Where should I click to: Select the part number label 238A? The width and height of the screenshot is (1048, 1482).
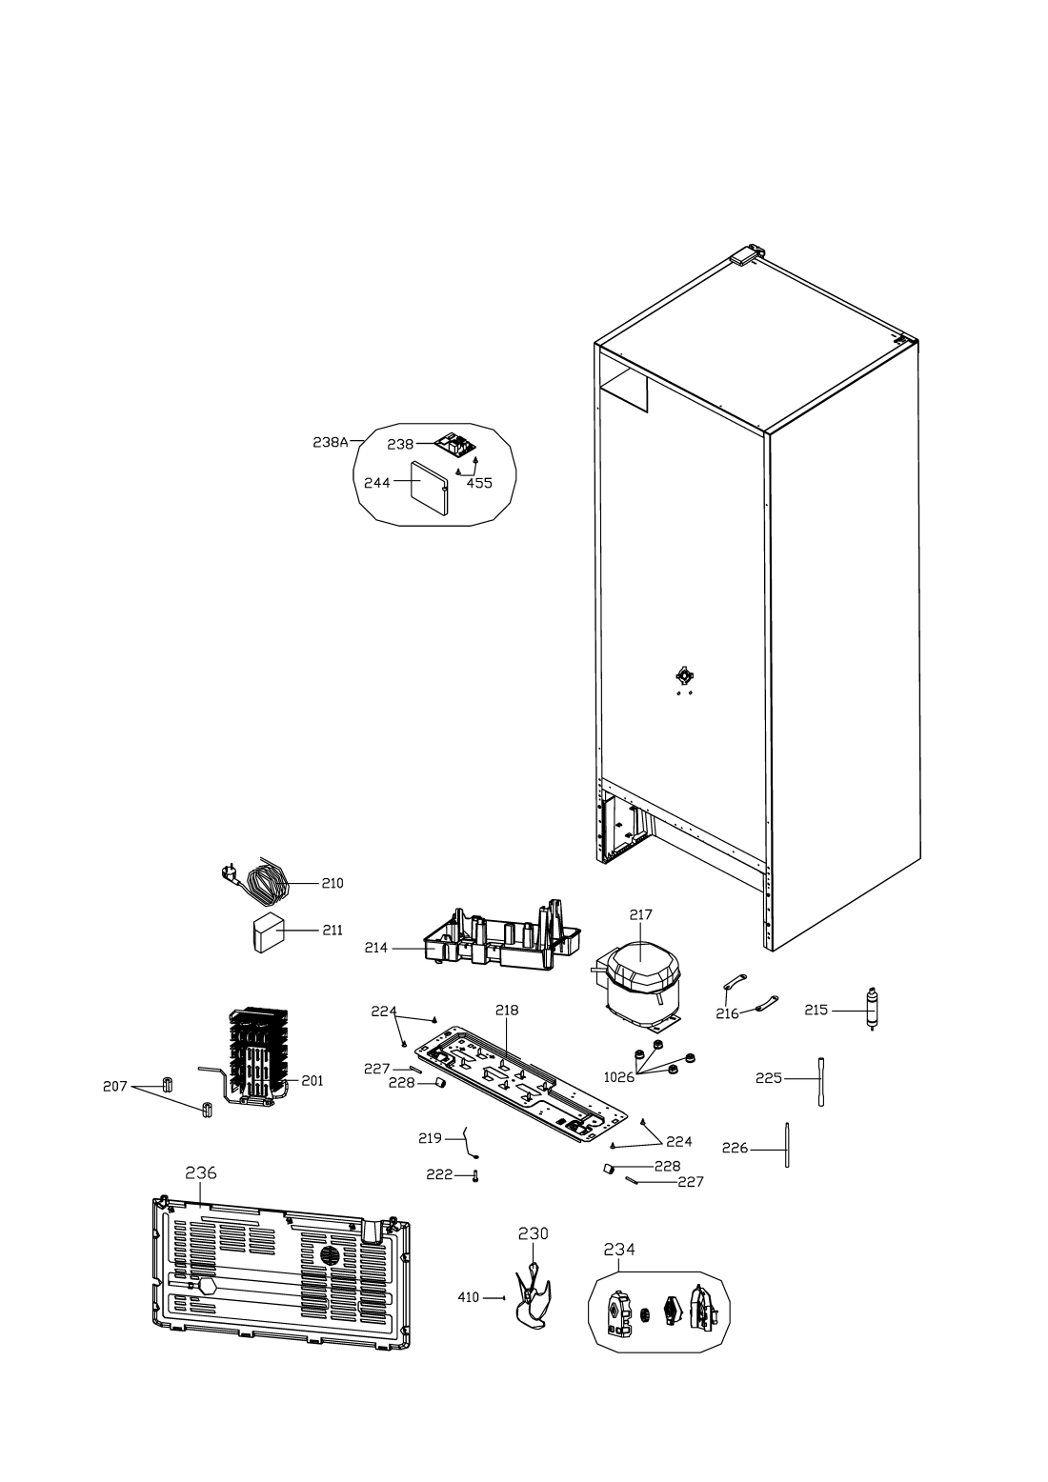click(331, 442)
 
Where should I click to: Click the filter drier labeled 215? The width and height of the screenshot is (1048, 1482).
click(872, 1011)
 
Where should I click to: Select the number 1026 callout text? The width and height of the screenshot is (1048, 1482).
click(618, 1077)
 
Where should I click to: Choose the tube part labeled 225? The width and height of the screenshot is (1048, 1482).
click(821, 1081)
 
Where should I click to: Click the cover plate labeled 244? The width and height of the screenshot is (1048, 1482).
click(429, 487)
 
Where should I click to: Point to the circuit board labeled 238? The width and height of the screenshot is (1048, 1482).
click(455, 445)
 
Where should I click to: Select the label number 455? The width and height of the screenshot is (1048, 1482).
click(479, 483)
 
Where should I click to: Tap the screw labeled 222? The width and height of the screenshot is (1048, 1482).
click(475, 1175)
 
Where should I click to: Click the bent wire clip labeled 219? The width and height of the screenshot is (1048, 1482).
click(470, 1143)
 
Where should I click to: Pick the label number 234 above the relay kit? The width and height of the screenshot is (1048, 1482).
click(619, 1249)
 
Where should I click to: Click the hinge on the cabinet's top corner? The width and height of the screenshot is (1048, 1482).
click(748, 254)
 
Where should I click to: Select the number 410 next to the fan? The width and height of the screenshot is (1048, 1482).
click(469, 1297)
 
